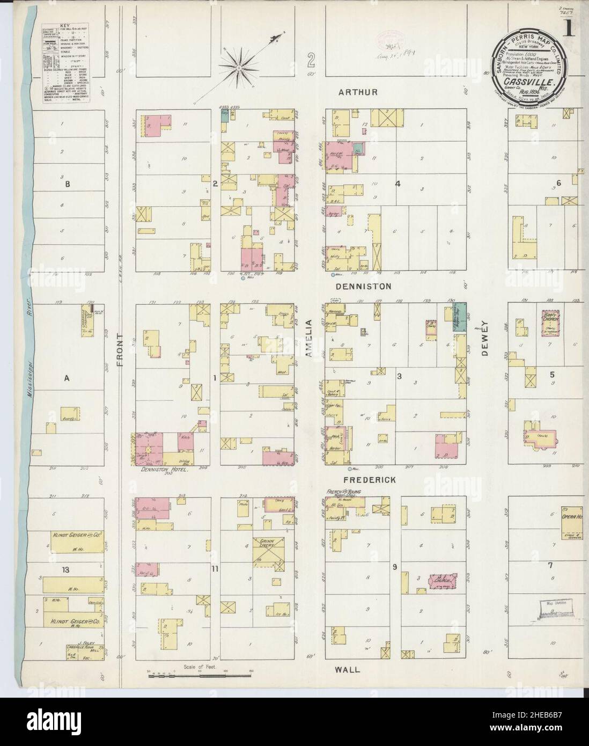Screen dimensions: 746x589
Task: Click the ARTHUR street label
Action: click(358, 92)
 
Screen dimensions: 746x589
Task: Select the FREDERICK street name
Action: click(362, 480)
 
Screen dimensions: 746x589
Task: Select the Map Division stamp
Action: click(555, 605)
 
